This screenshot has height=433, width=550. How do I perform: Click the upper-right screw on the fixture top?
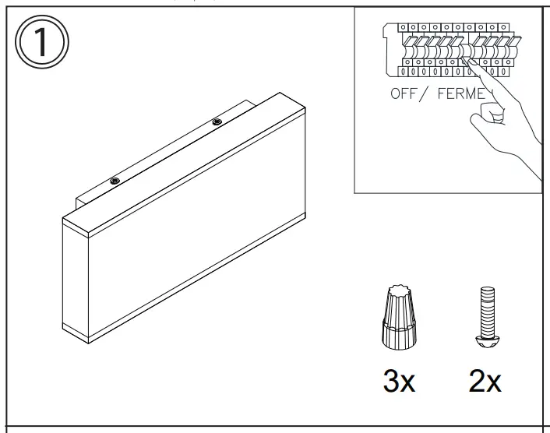point(217,122)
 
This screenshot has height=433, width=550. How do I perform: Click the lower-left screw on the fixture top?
point(115,181)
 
